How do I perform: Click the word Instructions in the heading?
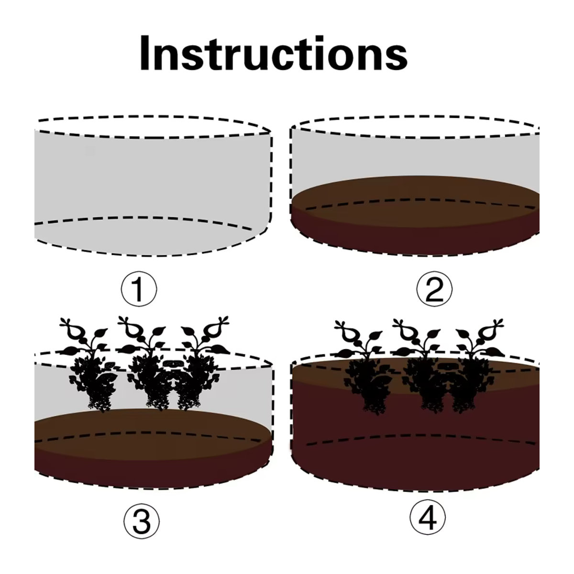click(274, 53)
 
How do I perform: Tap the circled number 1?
click(139, 289)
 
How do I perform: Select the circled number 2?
click(434, 289)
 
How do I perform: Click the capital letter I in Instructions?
click(144, 53)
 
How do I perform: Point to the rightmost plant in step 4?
click(476, 367)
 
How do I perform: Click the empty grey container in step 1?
click(152, 185)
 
